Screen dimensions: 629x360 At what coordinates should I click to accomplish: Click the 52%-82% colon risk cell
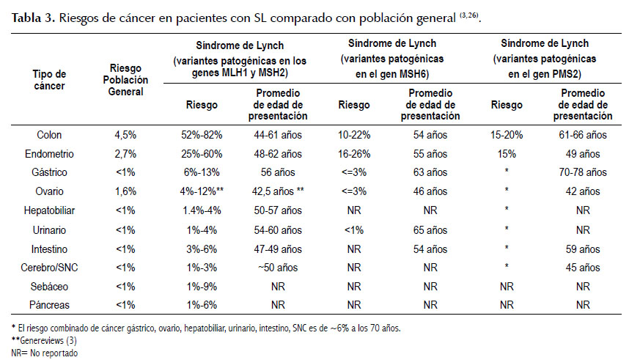tap(202, 135)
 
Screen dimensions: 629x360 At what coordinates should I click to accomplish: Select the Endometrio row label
tap(49, 154)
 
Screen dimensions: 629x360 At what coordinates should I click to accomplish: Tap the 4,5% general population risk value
tap(125, 135)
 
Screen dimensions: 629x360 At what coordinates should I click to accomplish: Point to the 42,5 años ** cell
tap(278, 191)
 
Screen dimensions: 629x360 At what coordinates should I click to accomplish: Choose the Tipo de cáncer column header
tap(49, 80)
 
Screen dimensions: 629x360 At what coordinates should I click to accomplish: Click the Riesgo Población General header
tap(125, 80)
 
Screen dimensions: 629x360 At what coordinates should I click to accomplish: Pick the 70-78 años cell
tap(583, 172)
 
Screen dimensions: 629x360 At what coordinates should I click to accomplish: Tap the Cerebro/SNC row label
tap(49, 268)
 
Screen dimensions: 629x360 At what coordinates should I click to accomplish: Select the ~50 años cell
tap(278, 268)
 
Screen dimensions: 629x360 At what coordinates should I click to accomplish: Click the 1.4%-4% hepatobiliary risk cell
tap(202, 210)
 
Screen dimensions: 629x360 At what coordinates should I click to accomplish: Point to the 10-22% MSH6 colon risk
tap(354, 135)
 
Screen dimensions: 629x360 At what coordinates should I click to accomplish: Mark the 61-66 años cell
tap(583, 135)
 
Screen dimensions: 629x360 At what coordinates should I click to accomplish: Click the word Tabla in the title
tap(26, 18)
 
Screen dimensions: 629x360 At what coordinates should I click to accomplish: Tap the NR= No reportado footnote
tap(45, 353)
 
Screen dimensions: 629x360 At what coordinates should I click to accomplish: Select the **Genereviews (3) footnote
tap(44, 341)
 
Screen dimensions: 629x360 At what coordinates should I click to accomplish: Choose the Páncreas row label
tap(49, 305)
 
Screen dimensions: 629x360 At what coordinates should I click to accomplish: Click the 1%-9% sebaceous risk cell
tap(202, 287)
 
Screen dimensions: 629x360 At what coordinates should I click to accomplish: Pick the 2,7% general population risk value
tap(125, 154)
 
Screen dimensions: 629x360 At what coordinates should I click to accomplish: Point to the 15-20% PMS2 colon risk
tap(507, 135)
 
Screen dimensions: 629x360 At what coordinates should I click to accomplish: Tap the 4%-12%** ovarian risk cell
tap(202, 191)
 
